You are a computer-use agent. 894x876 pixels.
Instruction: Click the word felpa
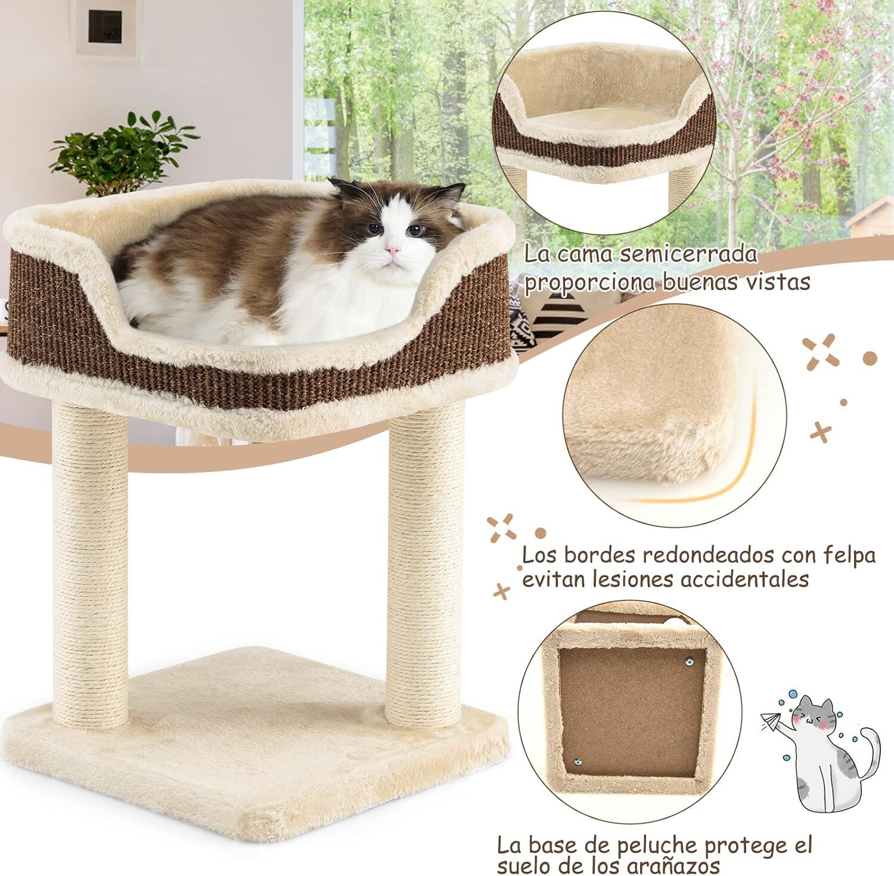[x=849, y=555]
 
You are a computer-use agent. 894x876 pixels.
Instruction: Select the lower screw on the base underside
[x=578, y=761]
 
